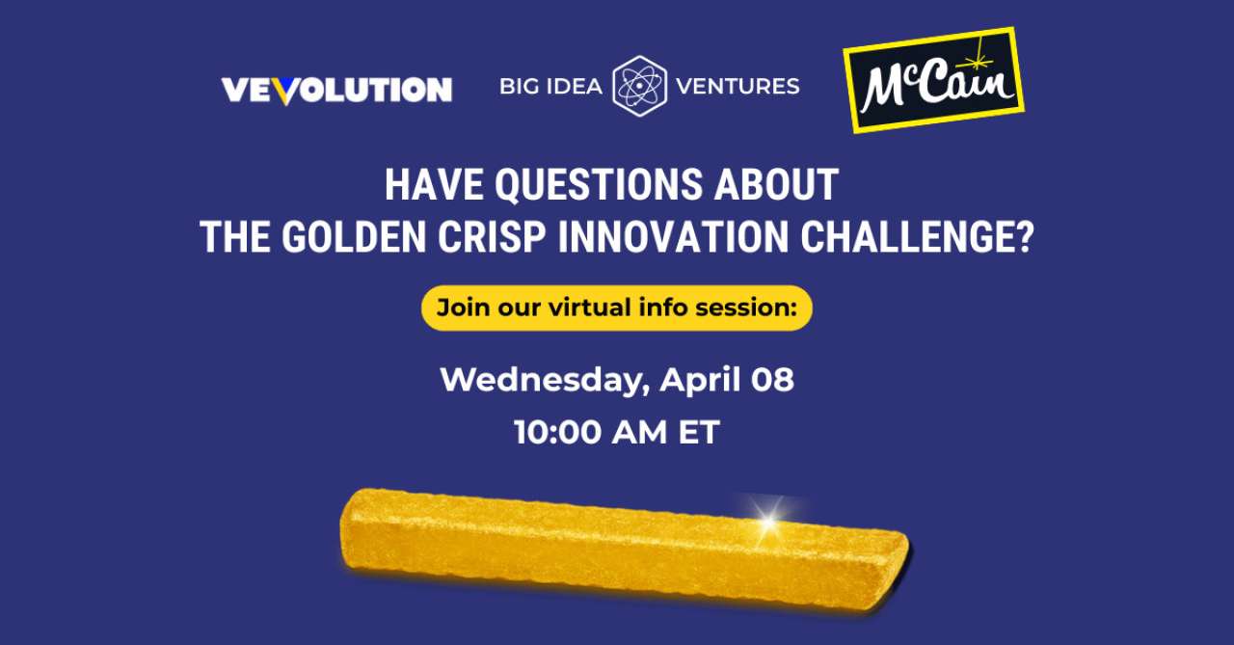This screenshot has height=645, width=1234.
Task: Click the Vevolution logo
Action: [x=336, y=90]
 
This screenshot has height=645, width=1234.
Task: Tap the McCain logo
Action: [x=933, y=80]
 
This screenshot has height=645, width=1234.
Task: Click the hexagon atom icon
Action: [x=639, y=87]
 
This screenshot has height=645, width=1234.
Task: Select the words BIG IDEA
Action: [x=550, y=87]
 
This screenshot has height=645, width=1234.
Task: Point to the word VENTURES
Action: [x=738, y=87]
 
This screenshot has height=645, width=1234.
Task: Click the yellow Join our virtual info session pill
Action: [x=616, y=309]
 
